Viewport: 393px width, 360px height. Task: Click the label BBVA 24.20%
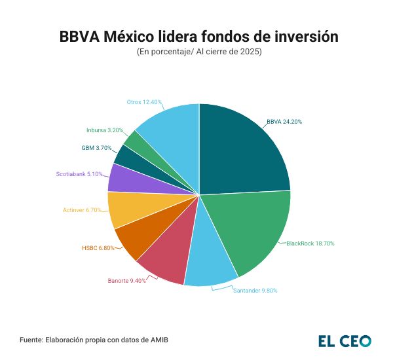coord(284,122)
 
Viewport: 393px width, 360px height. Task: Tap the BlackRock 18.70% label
coord(310,243)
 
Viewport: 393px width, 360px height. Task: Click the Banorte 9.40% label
coord(126,281)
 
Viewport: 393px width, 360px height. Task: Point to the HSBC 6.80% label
coord(98,249)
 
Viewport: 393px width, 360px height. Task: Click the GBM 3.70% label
coord(96,149)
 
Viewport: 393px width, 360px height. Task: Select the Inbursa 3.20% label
coord(104,130)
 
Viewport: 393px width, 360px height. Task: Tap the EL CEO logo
coord(345,340)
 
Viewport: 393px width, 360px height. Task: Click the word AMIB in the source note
coord(168,340)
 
